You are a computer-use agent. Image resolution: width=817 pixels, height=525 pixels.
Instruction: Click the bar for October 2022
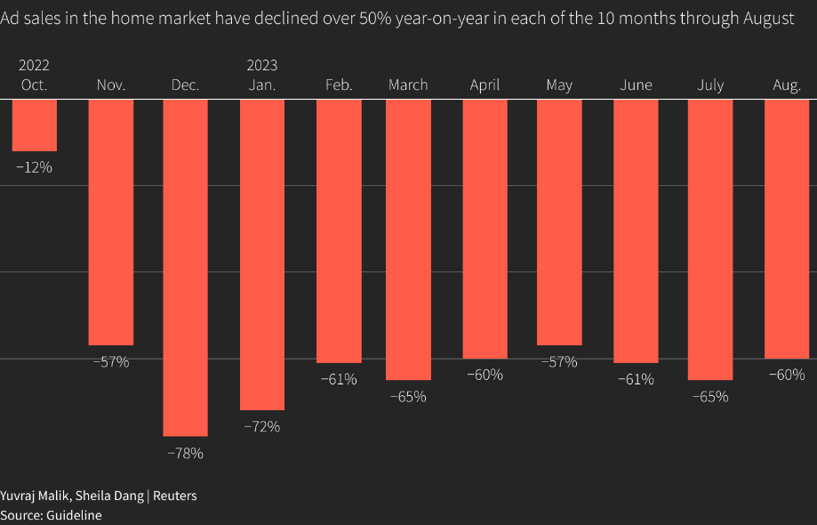pos(35,125)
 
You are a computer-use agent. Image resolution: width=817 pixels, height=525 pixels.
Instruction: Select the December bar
pos(186,268)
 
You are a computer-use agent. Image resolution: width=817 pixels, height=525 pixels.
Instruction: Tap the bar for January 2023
pos(262,254)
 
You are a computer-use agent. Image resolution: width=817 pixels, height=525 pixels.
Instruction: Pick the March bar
pos(408,239)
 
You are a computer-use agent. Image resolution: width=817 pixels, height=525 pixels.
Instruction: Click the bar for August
pos(787,229)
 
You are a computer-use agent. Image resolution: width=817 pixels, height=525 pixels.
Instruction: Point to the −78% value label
pos(186,454)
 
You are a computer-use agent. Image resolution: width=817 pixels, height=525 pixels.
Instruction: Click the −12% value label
pos(35,167)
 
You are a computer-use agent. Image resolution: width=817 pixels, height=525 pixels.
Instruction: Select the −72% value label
pos(262,427)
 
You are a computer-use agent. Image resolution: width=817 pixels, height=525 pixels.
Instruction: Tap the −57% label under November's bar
pos(111,362)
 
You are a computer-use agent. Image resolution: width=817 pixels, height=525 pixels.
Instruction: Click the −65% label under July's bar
pos(710,397)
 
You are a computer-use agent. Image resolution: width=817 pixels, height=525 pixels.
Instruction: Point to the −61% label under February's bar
pos(340,380)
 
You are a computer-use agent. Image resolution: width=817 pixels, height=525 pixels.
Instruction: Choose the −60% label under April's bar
pos(485,375)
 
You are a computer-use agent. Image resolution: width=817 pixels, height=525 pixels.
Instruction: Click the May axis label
pos(559,85)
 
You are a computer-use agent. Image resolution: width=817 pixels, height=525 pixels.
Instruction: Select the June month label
pos(636,85)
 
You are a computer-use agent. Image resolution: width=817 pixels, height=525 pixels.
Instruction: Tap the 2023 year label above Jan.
pos(262,65)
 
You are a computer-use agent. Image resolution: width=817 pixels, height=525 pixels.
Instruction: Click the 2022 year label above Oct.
pos(35,65)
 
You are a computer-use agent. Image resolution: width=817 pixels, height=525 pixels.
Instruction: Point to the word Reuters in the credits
pos(175,496)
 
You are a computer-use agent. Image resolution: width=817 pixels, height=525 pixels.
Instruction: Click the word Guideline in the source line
pos(74,515)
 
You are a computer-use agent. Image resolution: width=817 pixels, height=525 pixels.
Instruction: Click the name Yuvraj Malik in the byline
pos(35,496)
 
